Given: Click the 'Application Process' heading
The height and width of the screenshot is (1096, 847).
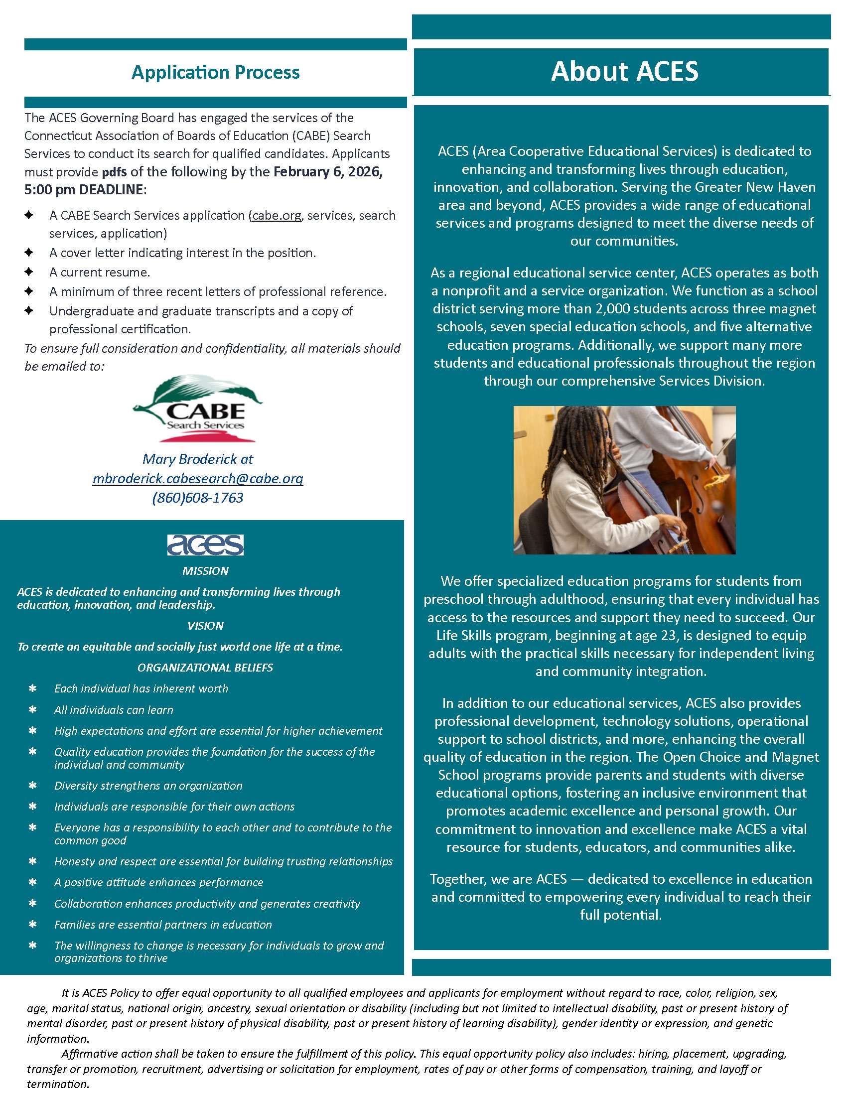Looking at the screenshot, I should tap(215, 72).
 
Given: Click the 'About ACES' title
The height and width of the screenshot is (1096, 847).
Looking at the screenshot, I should tap(624, 71).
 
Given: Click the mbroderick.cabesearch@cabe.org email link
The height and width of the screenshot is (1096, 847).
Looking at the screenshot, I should tap(198, 478).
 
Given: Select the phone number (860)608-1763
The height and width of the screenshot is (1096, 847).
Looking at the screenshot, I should tap(198, 498).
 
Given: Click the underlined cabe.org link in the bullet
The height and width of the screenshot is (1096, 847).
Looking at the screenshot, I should tap(277, 215).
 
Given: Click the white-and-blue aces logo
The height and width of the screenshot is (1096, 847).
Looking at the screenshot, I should tap(205, 545).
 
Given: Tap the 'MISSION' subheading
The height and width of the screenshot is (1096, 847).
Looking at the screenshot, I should tap(205, 570).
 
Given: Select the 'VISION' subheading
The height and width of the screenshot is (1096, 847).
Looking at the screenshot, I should tap(205, 625).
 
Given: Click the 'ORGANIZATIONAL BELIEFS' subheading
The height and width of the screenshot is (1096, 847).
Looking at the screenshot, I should tap(205, 668).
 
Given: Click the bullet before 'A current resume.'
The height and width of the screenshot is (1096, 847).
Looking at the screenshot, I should tap(29, 272).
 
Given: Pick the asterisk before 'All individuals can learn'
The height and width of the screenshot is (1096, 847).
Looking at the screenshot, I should tap(32, 709).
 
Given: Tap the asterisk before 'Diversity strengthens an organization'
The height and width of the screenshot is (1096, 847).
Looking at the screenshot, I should tap(32, 785).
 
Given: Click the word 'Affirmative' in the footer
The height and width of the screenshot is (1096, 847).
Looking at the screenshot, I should tap(88, 1053).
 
